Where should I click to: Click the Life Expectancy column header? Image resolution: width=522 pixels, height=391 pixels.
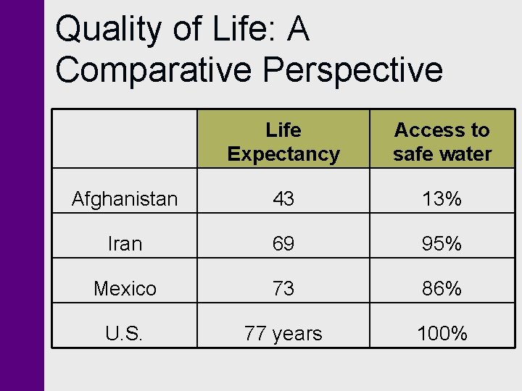pos(283,142)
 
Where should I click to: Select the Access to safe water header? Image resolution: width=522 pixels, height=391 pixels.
pos(442,142)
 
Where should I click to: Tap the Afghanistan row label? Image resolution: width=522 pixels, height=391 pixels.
pos(125,199)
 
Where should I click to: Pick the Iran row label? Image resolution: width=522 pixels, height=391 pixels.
pos(125,244)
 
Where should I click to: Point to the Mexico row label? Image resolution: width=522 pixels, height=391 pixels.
pos(125,289)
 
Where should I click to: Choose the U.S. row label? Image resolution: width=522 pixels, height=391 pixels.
pos(125,334)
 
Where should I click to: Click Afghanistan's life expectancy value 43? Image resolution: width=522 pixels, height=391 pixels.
pos(283,199)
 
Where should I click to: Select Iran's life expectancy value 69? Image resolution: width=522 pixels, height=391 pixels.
pos(283,244)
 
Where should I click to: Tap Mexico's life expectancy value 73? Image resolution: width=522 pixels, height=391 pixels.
pos(283,289)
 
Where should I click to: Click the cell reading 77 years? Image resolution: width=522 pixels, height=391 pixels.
pos(283,334)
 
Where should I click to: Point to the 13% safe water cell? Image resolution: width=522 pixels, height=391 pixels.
pos(442,199)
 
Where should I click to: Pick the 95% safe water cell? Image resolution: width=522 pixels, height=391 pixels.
pos(442,244)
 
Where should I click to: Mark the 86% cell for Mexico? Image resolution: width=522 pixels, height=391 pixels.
pos(442,289)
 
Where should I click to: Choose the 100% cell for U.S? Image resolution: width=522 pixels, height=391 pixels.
pos(442,334)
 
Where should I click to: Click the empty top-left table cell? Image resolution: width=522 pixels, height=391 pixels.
pos(125,139)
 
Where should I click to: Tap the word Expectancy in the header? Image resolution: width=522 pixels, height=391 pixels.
pos(283,154)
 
